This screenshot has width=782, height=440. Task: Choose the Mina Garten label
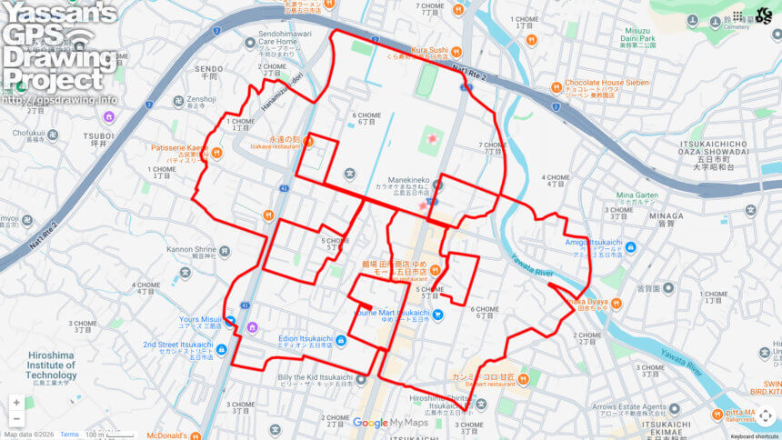coord(637,195)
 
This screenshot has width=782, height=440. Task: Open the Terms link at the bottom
coord(69,435)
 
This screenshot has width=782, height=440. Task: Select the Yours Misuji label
coord(200,320)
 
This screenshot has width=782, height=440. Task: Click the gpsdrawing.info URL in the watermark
coord(59,99)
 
